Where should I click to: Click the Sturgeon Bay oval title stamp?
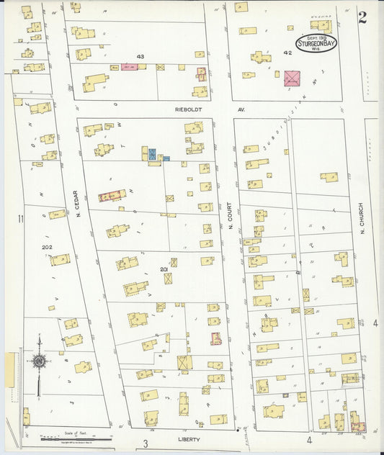point(317,43)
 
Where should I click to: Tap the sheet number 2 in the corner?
point(362,17)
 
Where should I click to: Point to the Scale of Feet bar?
point(72,436)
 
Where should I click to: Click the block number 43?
point(140,56)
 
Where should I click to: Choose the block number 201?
point(164,269)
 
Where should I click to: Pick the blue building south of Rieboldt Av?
point(152,153)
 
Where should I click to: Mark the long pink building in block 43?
point(130,67)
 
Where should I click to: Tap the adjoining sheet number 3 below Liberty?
point(145,442)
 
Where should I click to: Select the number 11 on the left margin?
point(21,218)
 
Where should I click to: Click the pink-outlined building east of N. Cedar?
point(112,196)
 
